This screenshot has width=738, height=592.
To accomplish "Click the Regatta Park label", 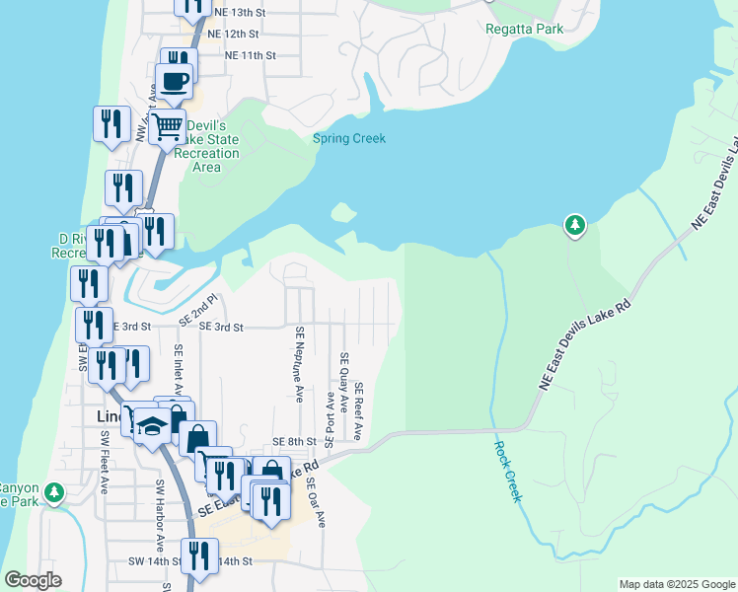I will click(524, 29).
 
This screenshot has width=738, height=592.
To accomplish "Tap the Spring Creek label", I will click(349, 138).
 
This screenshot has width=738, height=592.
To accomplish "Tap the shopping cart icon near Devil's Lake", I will click(168, 125).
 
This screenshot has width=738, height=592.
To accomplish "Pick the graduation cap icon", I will click(151, 425).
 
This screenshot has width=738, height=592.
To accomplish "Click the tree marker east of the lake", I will click(574, 226).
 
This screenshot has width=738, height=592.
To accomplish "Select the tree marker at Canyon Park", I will click(55, 490).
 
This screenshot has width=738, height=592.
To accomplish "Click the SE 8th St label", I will click(294, 442).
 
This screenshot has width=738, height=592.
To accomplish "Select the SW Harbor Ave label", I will click(158, 515).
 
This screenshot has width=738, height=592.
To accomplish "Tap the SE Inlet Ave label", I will click(179, 371).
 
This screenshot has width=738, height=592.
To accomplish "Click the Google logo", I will click(33, 580).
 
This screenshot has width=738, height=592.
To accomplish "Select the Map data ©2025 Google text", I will click(676, 584).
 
